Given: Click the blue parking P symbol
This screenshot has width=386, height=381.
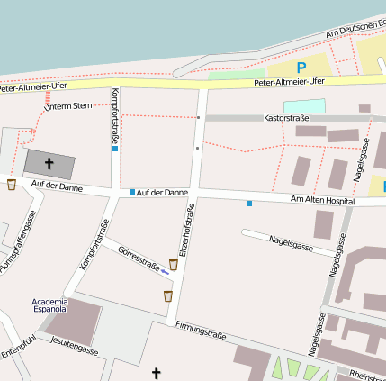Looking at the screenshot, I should coord(301,67).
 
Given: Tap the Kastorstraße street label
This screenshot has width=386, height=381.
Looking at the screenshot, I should coord(285,118).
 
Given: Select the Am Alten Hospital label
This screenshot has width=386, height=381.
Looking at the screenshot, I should coord(321,199).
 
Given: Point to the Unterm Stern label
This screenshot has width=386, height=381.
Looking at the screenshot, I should coord(68,106).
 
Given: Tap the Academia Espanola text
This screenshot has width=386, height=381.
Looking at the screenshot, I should coord(49,304).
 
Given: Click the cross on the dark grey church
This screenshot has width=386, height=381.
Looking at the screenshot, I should coord(49,163).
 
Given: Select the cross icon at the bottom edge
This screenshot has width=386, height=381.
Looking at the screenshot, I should coord(156,372).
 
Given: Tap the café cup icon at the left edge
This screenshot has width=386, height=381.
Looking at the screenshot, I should coord(12,185).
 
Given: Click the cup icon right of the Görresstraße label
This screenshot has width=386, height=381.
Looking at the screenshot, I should coord(173,264).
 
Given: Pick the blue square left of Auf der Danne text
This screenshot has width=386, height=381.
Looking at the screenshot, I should coord(132,192).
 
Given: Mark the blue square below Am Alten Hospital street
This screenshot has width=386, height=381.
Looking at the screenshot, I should coord(249,203).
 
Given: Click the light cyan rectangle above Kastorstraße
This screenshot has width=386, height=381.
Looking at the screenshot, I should coord(304,105).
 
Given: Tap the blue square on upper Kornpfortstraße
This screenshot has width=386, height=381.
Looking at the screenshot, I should coord(115,149).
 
